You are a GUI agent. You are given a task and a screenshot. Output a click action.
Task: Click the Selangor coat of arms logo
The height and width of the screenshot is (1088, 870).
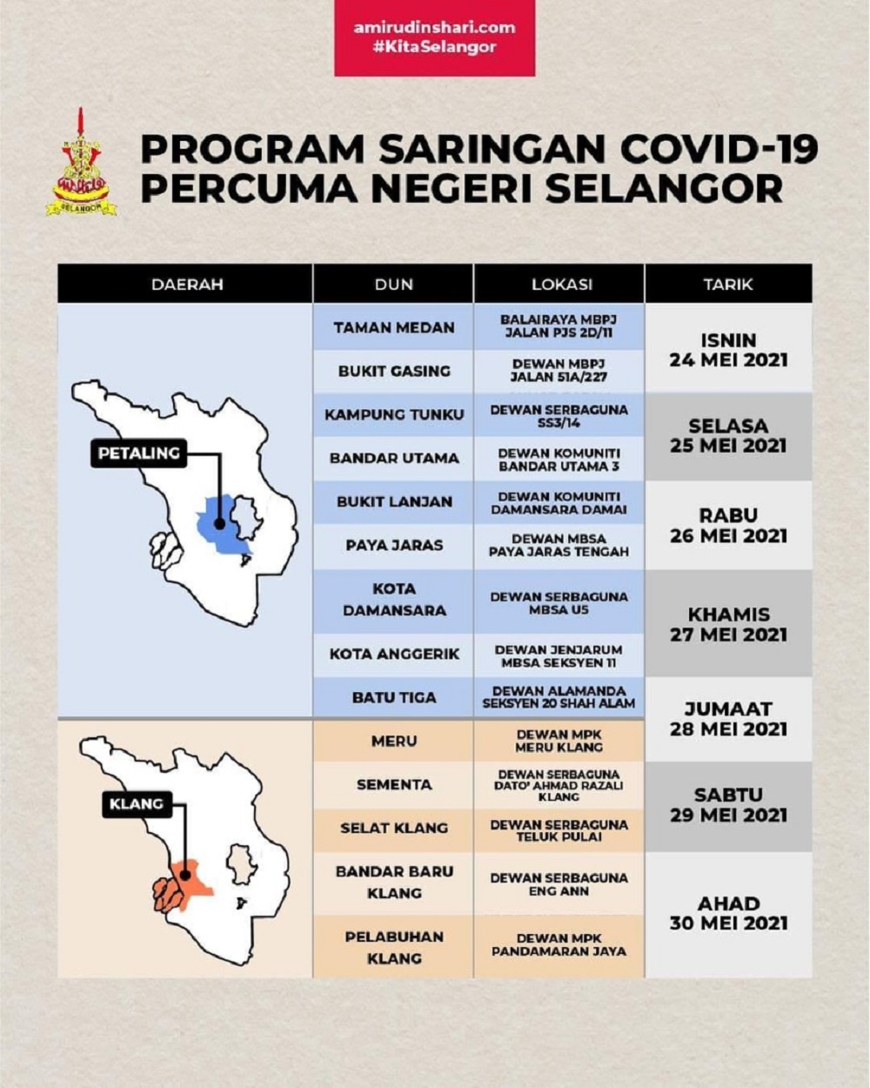click(81, 165)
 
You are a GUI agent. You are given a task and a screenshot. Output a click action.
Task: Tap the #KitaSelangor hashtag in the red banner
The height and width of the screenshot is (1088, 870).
click(434, 47)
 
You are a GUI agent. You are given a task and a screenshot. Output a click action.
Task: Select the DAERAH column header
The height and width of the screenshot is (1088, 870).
click(186, 284)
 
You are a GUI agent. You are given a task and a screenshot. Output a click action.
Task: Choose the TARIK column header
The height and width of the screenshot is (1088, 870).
click(727, 284)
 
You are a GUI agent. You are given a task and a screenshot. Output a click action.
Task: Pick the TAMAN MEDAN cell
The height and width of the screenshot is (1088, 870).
click(394, 327)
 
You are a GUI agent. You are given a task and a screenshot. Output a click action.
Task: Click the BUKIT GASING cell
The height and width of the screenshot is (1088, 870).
click(394, 371)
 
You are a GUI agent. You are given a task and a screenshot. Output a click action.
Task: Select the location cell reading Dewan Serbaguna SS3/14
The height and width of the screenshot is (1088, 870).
click(559, 415)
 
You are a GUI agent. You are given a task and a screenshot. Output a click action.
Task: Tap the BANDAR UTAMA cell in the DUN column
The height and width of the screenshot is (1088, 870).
click(394, 458)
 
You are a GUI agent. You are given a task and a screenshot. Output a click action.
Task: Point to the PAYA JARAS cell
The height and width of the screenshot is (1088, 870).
click(394, 545)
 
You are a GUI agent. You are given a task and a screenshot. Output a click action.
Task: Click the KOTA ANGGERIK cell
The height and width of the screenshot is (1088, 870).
click(394, 654)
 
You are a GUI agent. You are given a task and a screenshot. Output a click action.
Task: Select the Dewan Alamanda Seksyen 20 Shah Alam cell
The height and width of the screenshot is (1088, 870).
click(559, 697)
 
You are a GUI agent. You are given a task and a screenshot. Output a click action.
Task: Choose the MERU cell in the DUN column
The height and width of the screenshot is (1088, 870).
click(394, 741)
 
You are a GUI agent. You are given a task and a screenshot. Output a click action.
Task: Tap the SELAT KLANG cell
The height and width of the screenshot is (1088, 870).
click(394, 828)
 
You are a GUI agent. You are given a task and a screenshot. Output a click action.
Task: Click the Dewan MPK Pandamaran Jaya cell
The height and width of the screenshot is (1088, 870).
click(559, 944)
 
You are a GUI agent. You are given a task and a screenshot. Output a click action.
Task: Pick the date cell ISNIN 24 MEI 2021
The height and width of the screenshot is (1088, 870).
click(728, 349)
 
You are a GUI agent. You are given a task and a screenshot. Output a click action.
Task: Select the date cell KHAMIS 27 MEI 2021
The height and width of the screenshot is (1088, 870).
click(728, 624)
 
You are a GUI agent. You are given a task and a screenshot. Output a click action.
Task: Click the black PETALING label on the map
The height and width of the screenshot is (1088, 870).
click(139, 453)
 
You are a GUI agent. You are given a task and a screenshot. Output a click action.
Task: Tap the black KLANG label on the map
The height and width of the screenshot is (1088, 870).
click(137, 804)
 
